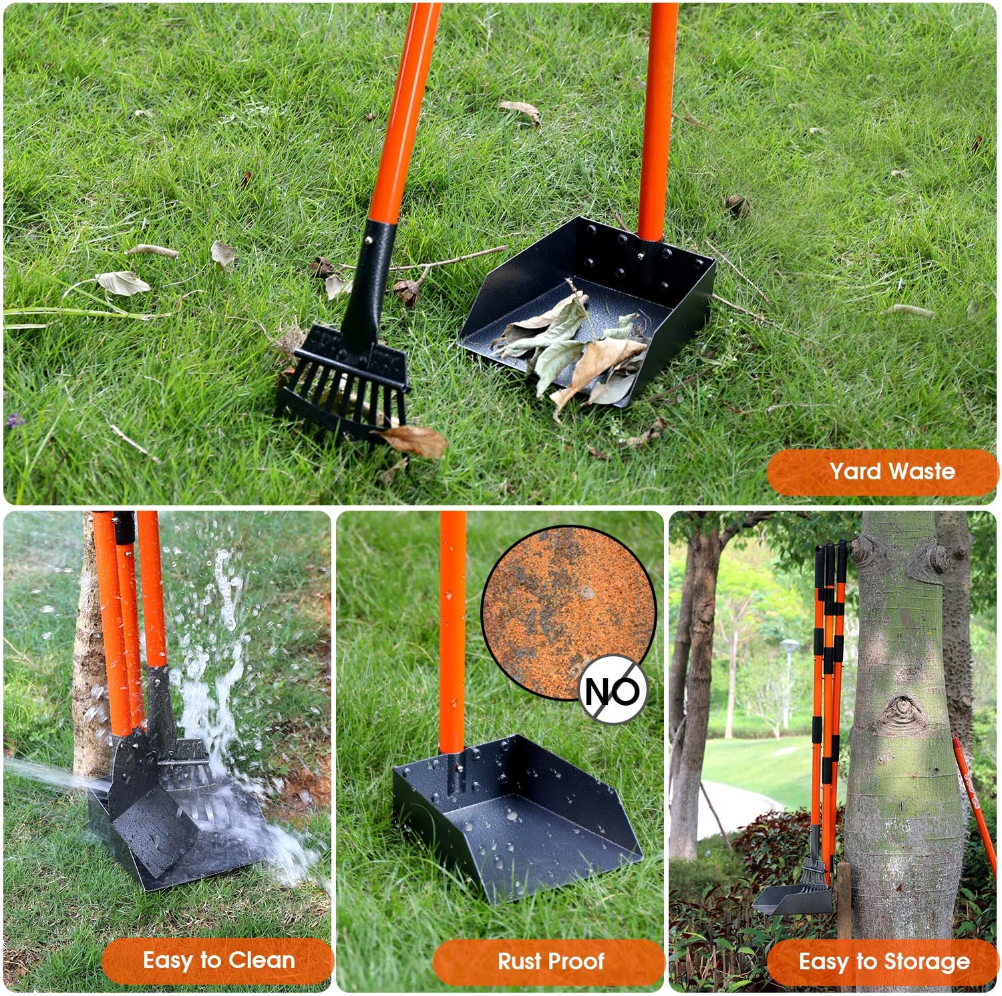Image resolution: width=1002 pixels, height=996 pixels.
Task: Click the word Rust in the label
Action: point(518,961)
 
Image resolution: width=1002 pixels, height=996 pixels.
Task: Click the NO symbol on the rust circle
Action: point(613,690)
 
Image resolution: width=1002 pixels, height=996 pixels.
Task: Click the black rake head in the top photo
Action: point(342,382)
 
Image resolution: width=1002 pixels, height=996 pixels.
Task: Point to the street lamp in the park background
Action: point(790,681)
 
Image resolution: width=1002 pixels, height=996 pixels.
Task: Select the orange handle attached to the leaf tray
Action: point(657,121)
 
